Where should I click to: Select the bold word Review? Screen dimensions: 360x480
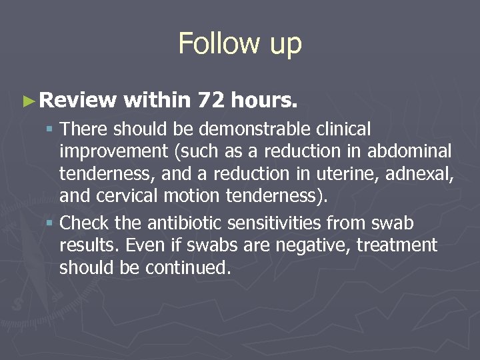(x=78, y=100)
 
